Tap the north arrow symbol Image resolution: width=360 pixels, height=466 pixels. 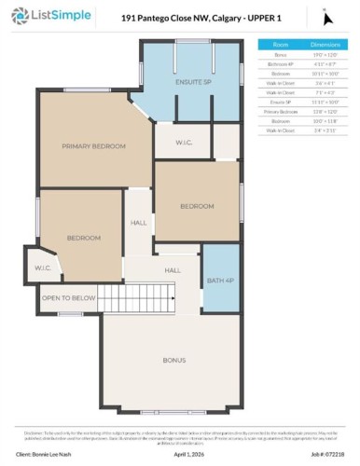point(325,16)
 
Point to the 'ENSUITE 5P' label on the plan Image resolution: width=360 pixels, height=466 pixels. point(194,82)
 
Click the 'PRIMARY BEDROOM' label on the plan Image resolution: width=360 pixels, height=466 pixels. point(93,146)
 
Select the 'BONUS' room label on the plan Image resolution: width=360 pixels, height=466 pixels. point(174,359)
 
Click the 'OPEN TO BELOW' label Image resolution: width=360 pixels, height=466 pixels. point(69,298)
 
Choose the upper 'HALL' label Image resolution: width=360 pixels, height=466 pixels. point(139,223)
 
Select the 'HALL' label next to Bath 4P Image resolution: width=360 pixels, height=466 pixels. point(173,270)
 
